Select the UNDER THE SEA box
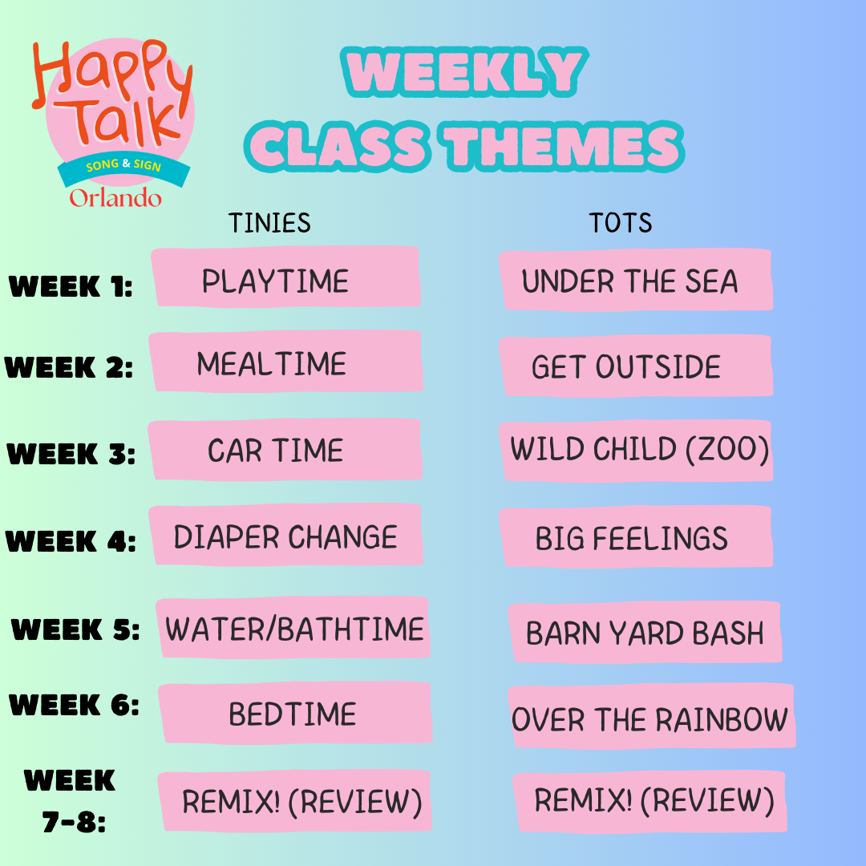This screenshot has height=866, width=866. pyautogui.click(x=635, y=280)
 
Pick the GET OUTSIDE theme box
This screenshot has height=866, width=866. pyautogui.click(x=635, y=366)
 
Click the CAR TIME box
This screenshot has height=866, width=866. pyautogui.click(x=285, y=450)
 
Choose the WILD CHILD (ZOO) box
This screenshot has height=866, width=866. pyautogui.click(x=638, y=450)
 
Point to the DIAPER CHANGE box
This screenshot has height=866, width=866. pyautogui.click(x=285, y=536)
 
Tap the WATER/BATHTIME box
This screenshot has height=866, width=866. pyautogui.click(x=293, y=628)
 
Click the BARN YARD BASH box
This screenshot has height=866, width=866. pyautogui.click(x=645, y=633)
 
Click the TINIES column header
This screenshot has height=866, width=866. pyautogui.click(x=269, y=222)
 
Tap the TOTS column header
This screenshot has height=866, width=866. pyautogui.click(x=621, y=222)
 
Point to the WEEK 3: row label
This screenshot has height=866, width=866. pyautogui.click(x=71, y=454)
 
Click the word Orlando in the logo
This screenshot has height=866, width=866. pyautogui.click(x=115, y=197)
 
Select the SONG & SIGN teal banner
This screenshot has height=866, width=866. pyautogui.click(x=123, y=166)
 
